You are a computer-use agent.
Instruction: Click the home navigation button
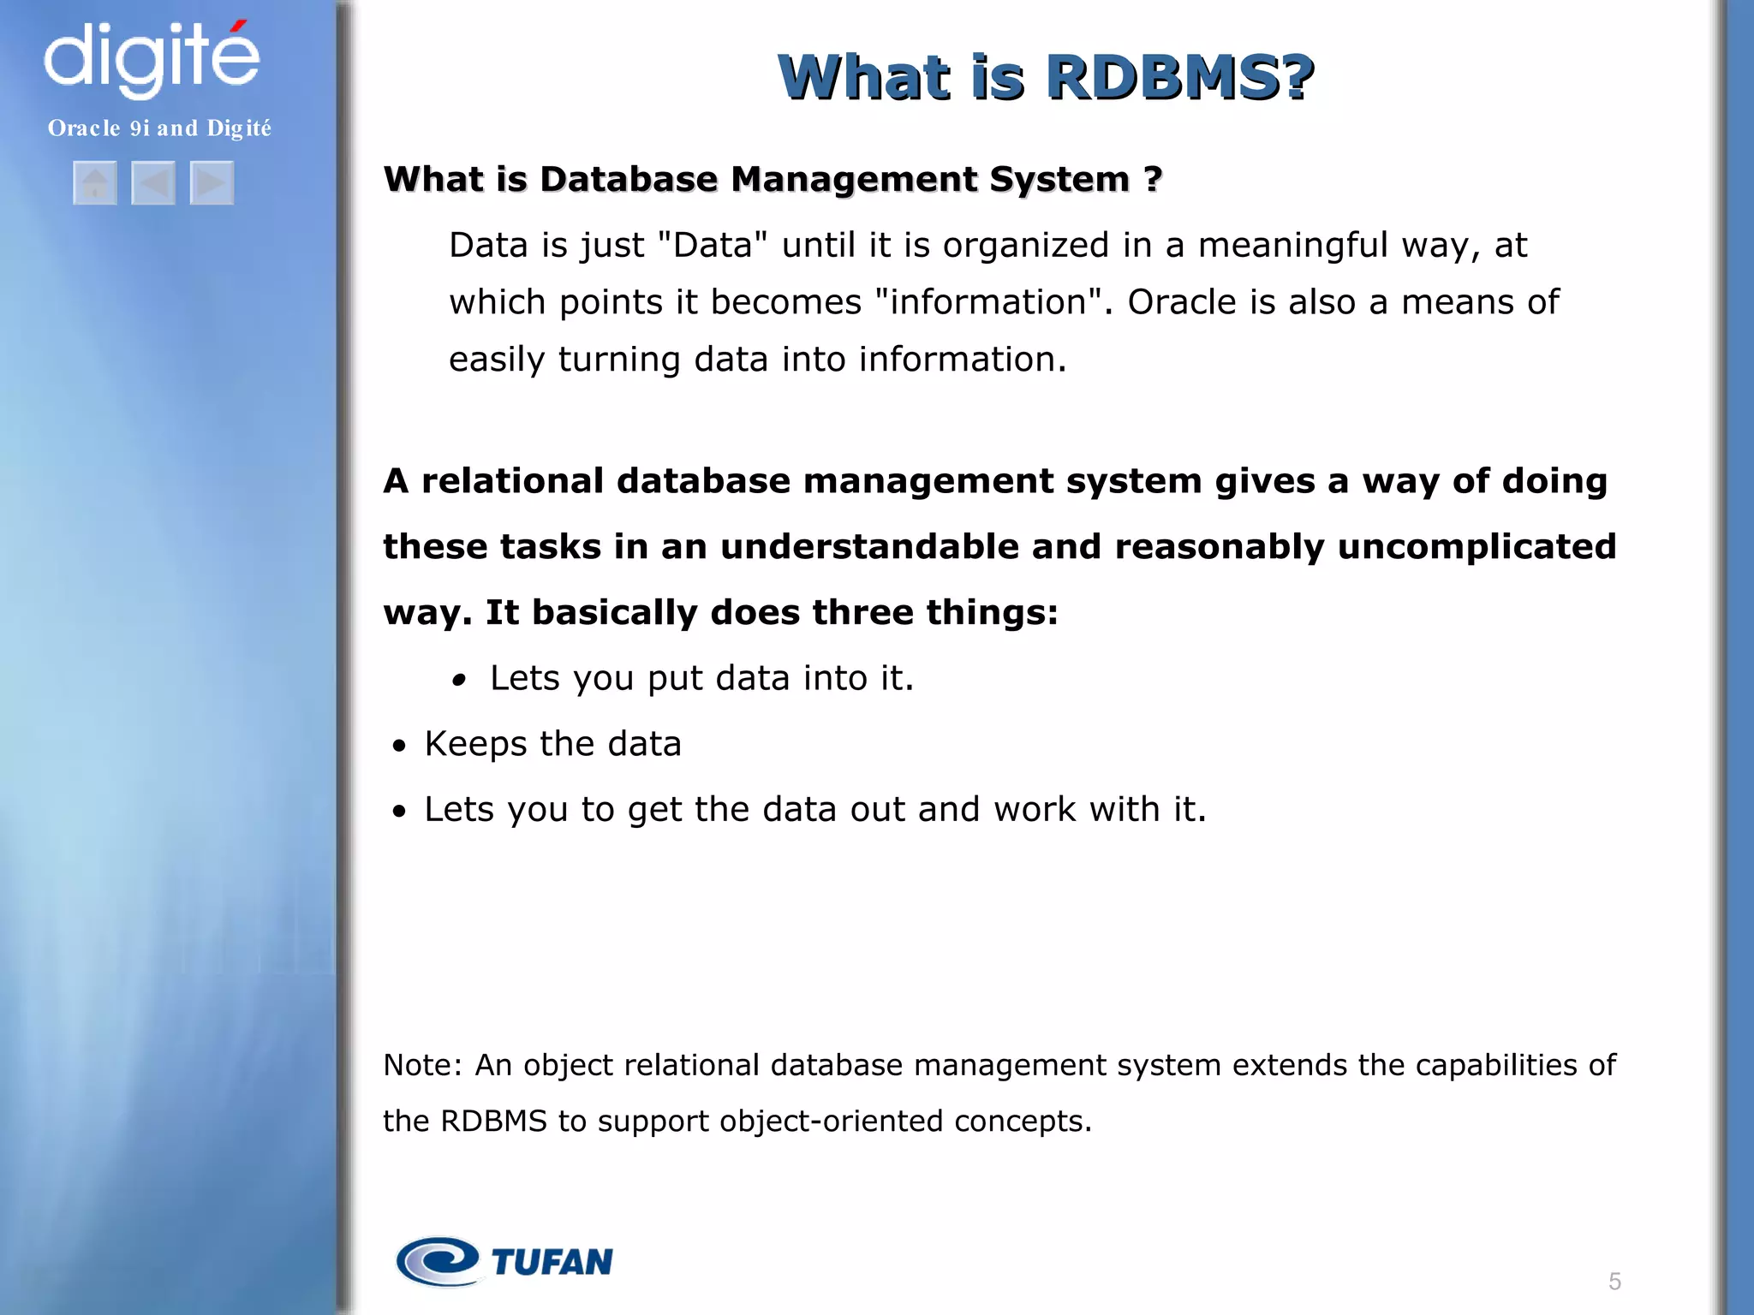95,182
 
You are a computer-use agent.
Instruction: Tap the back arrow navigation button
153,182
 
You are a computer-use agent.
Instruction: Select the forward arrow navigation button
212,182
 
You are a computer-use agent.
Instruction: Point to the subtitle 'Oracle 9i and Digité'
159,128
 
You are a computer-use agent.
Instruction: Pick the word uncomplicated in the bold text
1477,546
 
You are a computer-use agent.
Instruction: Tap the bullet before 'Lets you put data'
460,681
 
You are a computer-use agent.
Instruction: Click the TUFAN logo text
552,1262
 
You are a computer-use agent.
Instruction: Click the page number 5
1614,1282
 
